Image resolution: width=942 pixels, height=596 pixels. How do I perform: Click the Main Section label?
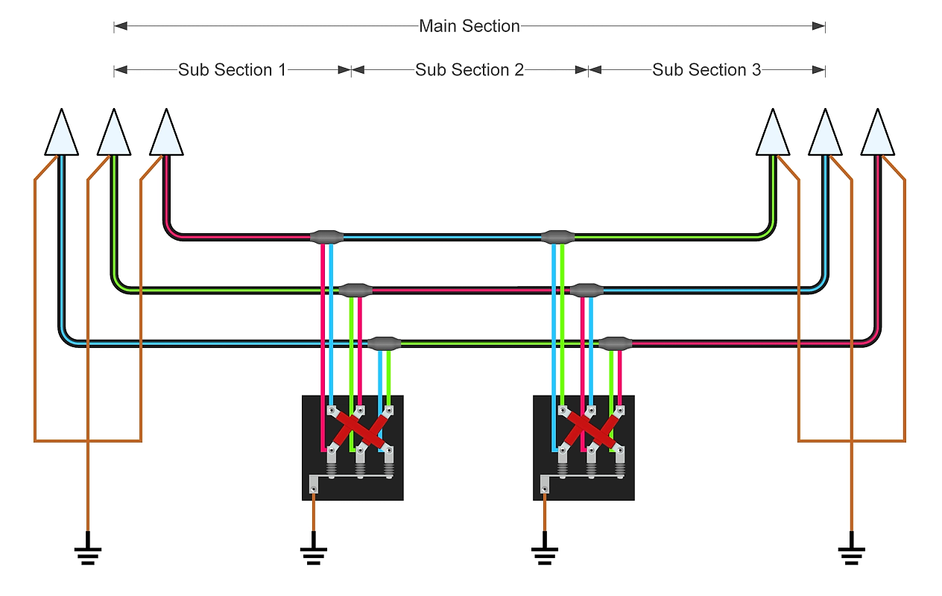(470, 26)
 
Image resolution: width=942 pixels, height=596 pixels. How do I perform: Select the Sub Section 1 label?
(232, 70)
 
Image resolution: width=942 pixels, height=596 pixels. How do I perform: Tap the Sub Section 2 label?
(470, 70)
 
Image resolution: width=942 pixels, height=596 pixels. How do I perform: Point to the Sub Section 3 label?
(706, 70)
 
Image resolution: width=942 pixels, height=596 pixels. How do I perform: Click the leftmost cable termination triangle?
(61, 134)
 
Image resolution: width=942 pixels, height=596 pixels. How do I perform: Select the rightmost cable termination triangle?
(877, 134)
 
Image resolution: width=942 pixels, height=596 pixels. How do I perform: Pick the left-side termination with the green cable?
(114, 134)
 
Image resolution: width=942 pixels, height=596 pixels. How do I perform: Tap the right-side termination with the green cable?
(772, 134)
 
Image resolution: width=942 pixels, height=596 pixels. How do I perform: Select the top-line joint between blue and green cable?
(557, 238)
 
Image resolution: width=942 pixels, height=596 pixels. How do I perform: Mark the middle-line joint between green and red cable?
(355, 290)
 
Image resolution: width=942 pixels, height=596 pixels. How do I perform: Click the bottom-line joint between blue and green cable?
(385, 343)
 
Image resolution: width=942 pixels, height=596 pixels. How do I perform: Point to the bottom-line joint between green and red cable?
(616, 343)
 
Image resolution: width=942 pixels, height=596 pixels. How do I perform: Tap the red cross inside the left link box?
(359, 430)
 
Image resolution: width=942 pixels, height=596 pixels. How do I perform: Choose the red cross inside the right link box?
(591, 430)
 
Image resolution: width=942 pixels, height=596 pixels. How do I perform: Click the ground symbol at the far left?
(88, 551)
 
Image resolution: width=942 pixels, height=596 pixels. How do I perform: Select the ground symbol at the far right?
(851, 551)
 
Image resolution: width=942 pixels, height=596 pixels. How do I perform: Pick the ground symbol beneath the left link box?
(313, 551)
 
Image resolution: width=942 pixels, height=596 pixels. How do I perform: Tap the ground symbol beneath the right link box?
(545, 551)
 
